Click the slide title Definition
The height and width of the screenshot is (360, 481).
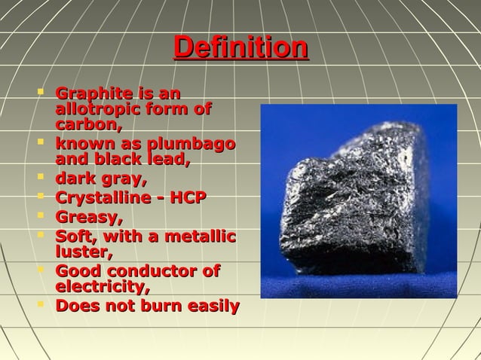[240, 49]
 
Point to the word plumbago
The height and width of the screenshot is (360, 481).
[194, 145]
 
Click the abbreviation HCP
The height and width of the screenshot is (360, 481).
[187, 199]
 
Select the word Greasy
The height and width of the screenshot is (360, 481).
[87, 218]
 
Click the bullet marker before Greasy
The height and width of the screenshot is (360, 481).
[41, 217]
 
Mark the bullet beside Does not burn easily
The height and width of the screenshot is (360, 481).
[41, 305]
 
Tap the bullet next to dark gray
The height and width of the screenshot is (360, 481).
[41, 178]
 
